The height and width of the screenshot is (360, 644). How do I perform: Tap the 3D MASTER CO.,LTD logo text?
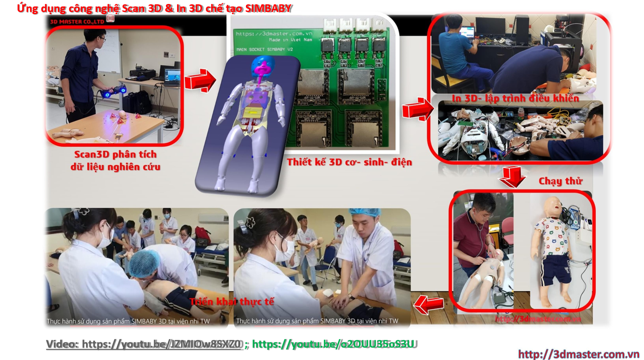coord(77,21)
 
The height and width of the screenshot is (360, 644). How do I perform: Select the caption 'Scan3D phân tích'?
coord(116,154)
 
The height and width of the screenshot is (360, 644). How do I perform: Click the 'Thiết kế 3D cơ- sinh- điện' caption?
coord(349,162)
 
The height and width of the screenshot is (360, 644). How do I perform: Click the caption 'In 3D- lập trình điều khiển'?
coord(515,98)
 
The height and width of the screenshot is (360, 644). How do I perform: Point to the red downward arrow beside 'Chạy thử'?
coord(512,176)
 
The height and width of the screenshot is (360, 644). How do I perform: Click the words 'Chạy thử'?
coord(560,181)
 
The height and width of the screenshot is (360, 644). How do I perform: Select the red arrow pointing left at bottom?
coord(429,304)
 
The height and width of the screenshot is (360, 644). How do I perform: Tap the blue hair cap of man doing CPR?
coord(364,212)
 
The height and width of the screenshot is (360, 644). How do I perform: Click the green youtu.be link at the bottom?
coord(333,344)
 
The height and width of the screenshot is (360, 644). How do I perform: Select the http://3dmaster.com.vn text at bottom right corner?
coord(578,354)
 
